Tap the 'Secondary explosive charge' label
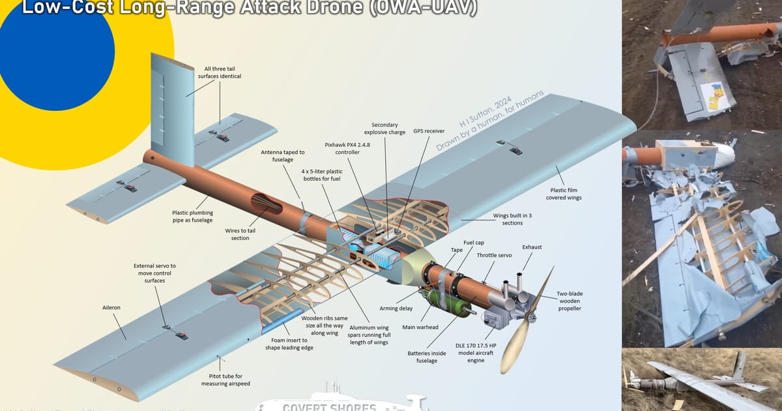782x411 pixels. click(x=388, y=128)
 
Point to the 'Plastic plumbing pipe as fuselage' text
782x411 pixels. click(x=192, y=216)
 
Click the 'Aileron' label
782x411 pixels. click(x=111, y=307)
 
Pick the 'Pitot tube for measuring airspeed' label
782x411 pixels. click(x=225, y=380)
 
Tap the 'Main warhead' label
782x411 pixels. click(x=420, y=327)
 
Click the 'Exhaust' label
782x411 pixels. click(x=532, y=247)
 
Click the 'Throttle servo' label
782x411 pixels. click(x=494, y=256)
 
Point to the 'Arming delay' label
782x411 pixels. click(x=396, y=308)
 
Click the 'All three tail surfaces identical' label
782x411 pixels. click(x=222, y=72)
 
